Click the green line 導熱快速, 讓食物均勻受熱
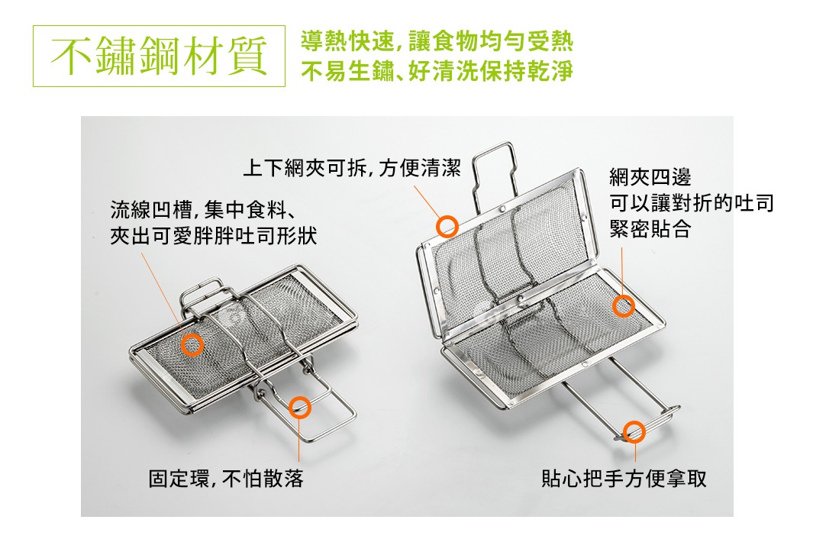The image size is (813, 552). pos(437,41)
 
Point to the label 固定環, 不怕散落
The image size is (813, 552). pos(226,479)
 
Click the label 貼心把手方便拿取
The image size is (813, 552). pos(624,479)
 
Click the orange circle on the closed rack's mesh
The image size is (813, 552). pos(192,344)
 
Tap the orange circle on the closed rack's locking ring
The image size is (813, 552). pos(300,407)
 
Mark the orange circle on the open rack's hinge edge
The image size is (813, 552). pos(447,225)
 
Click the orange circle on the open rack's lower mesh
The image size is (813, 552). pos(623,306)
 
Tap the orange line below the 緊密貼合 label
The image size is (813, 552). pos(622,267)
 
